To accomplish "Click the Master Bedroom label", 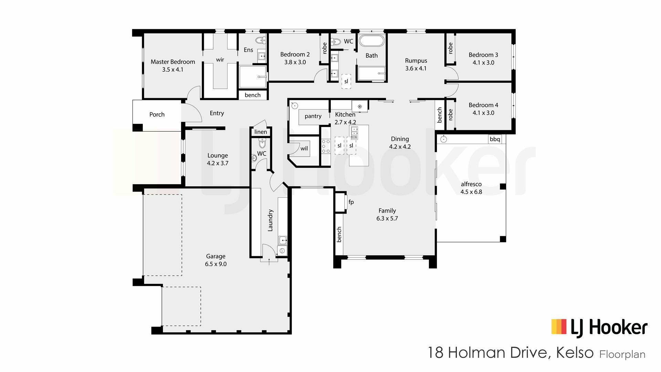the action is point(173,62).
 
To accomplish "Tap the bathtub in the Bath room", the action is point(371,41).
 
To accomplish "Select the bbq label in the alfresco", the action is point(495,139).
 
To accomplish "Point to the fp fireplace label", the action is point(351,202).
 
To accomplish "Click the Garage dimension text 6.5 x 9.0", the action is point(216,264).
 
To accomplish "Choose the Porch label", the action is point(157,114).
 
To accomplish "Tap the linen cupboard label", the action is point(261,132).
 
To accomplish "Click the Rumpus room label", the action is point(416,61).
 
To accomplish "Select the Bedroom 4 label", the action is point(483,105).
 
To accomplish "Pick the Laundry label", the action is point(270,220).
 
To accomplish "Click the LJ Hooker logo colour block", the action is point(559,327).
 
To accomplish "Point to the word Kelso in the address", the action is point(575,353).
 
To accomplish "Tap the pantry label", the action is point(313,116).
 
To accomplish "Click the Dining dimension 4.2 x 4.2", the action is point(400,147).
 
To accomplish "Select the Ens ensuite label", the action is point(248,50).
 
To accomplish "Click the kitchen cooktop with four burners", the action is point(326,146).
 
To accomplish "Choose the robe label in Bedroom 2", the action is point(324,48).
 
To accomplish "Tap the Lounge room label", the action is point(218,156).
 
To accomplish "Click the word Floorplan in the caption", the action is point(622,354).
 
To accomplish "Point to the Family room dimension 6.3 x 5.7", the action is point(387,218).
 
